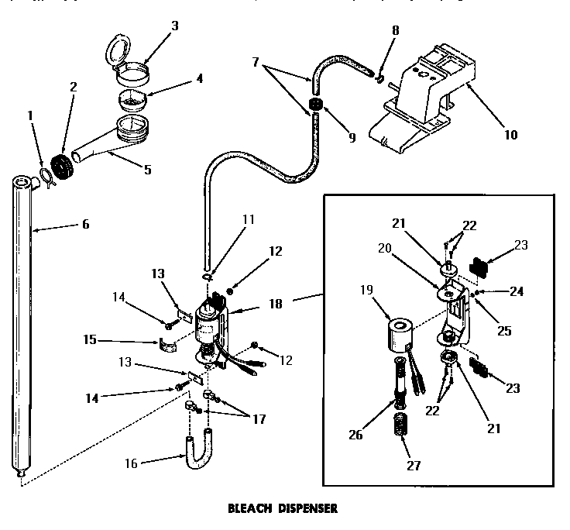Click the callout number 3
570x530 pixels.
[x=175, y=26]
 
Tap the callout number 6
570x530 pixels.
[x=85, y=225]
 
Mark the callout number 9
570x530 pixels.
[x=352, y=138]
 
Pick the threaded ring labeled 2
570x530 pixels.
[x=60, y=168]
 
